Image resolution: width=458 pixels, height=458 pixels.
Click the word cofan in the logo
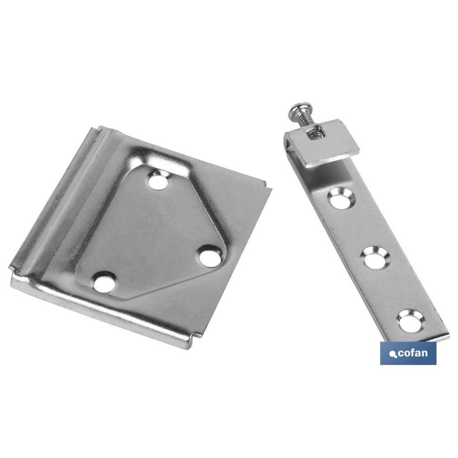pyautogui.click(x=412, y=353)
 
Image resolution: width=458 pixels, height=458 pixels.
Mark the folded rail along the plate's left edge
pyautogui.click(x=60, y=202)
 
